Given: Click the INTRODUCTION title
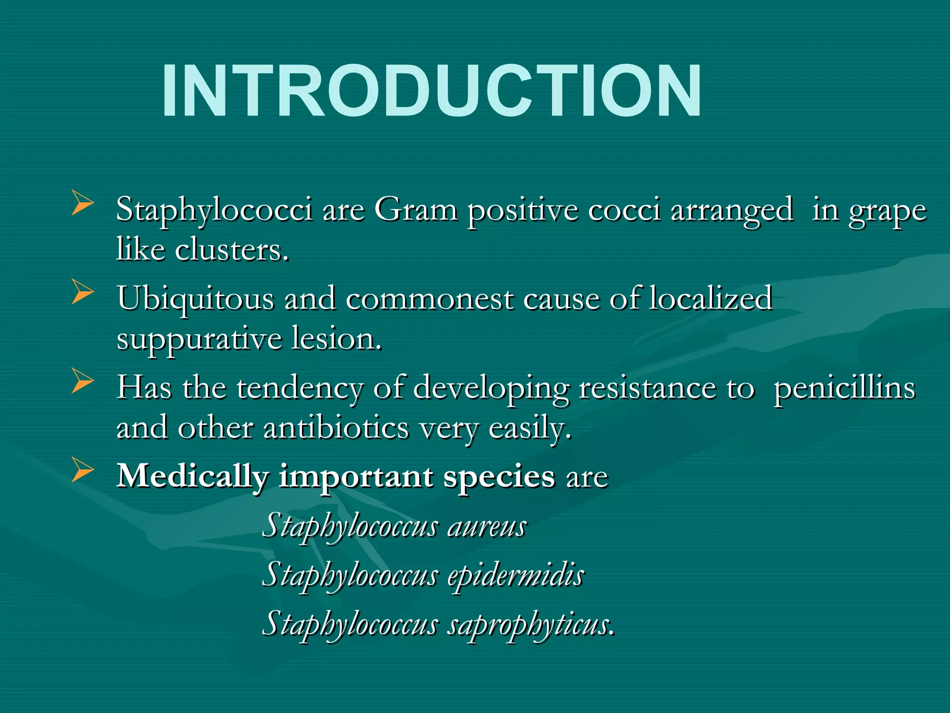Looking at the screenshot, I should tap(431, 91).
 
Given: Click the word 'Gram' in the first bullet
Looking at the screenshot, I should tap(416, 210).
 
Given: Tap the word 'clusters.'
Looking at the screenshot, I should tap(232, 250).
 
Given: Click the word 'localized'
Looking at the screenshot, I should tap(710, 298).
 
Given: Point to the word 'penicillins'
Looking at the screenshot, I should tap(844, 389).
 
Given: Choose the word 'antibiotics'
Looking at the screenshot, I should tap(336, 428).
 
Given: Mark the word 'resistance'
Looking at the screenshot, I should tap(647, 388).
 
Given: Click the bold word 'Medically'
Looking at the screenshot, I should tap(193, 477).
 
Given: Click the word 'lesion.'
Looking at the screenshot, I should tap(336, 339).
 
